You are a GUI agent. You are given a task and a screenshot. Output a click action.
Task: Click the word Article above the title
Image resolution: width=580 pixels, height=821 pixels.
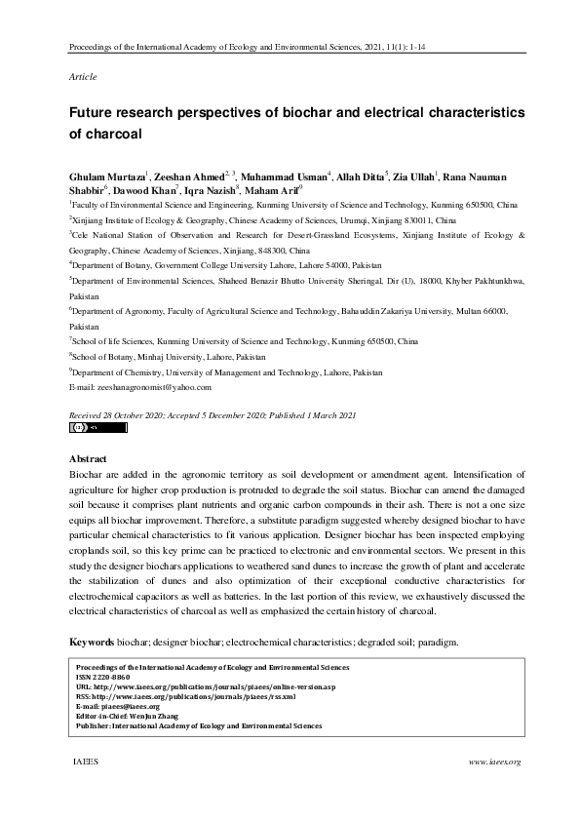coord(83,76)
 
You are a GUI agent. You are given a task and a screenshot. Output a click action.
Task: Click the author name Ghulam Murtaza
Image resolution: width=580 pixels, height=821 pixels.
coord(106,177)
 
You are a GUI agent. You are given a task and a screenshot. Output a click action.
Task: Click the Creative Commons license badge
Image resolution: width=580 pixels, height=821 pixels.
coord(98,427)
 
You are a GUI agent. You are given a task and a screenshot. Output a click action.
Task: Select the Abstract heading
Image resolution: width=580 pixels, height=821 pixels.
coord(88,458)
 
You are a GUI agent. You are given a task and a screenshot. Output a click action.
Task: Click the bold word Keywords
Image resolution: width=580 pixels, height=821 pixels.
coord(92,643)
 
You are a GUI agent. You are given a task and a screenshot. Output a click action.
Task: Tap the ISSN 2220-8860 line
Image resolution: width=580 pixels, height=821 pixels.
coord(103,677)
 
